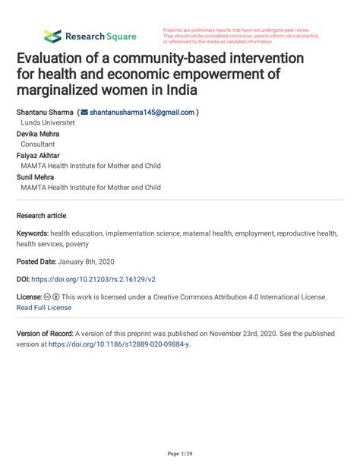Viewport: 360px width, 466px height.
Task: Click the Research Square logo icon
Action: tap(52, 36)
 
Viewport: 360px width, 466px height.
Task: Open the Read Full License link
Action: tap(44, 308)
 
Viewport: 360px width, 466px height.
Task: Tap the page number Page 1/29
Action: tap(180, 454)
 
